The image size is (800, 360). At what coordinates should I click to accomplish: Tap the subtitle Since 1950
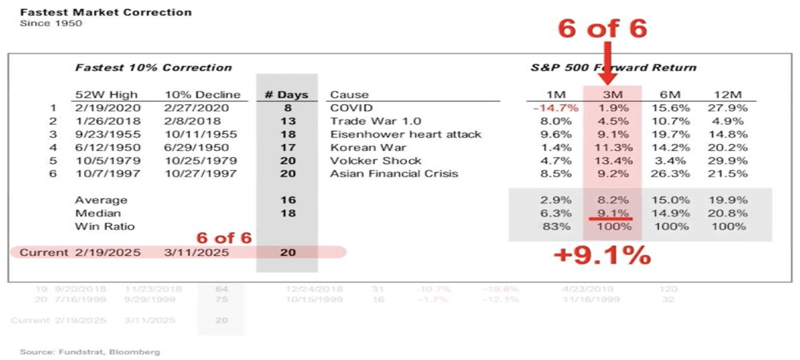pos(51,23)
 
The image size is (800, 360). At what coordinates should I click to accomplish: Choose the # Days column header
pos(286,95)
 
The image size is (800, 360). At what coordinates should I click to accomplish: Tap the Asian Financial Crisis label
pos(394,174)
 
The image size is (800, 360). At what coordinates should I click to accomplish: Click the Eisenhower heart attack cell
pos(405,134)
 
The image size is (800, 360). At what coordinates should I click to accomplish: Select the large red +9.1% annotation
pos(602,255)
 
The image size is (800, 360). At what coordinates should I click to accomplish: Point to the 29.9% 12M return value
pos(731,161)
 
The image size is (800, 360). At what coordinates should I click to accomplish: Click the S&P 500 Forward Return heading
pos(614,67)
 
